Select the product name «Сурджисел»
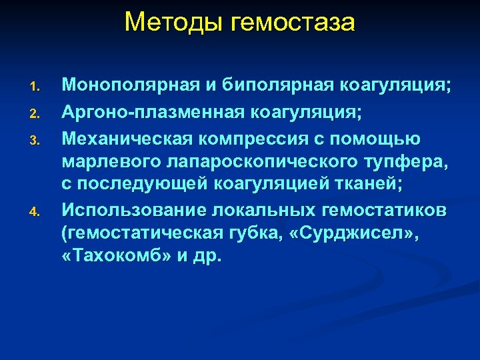pyautogui.click(x=343, y=233)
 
